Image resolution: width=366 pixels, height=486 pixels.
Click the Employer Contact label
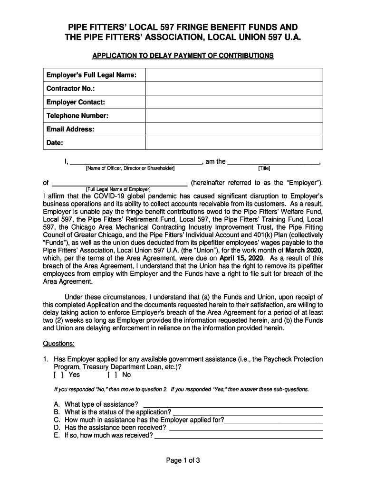(x=76, y=103)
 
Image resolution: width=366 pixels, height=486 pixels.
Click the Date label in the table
(x=55, y=143)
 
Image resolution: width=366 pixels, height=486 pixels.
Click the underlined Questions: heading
(x=59, y=344)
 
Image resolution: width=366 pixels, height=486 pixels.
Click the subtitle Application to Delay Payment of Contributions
(x=183, y=56)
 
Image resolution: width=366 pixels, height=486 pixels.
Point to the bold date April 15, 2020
(x=241, y=258)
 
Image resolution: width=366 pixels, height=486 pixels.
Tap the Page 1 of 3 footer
(x=183, y=460)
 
